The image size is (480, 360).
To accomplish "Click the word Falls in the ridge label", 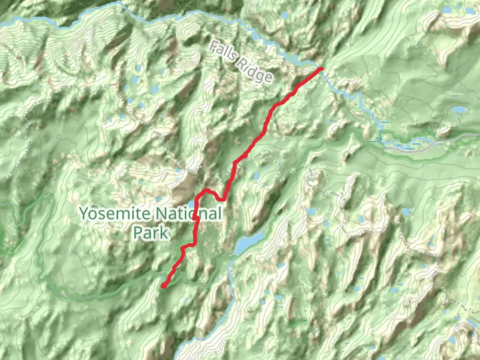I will pyautogui.click(x=223, y=51).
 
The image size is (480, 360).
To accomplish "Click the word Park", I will pyautogui.click(x=151, y=232).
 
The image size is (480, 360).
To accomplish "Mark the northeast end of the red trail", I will pyautogui.click(x=321, y=69).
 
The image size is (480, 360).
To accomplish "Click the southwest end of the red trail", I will pyautogui.click(x=164, y=286).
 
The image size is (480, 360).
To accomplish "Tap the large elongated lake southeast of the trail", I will pyautogui.click(x=248, y=242).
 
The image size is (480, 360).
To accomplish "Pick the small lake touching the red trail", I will pyautogui.click(x=191, y=204).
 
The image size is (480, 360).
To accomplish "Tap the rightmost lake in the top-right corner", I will pyautogui.click(x=470, y=11).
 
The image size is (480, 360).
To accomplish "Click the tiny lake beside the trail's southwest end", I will pyautogui.click(x=162, y=277).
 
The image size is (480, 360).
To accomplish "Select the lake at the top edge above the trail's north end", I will pyautogui.click(x=285, y=15).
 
